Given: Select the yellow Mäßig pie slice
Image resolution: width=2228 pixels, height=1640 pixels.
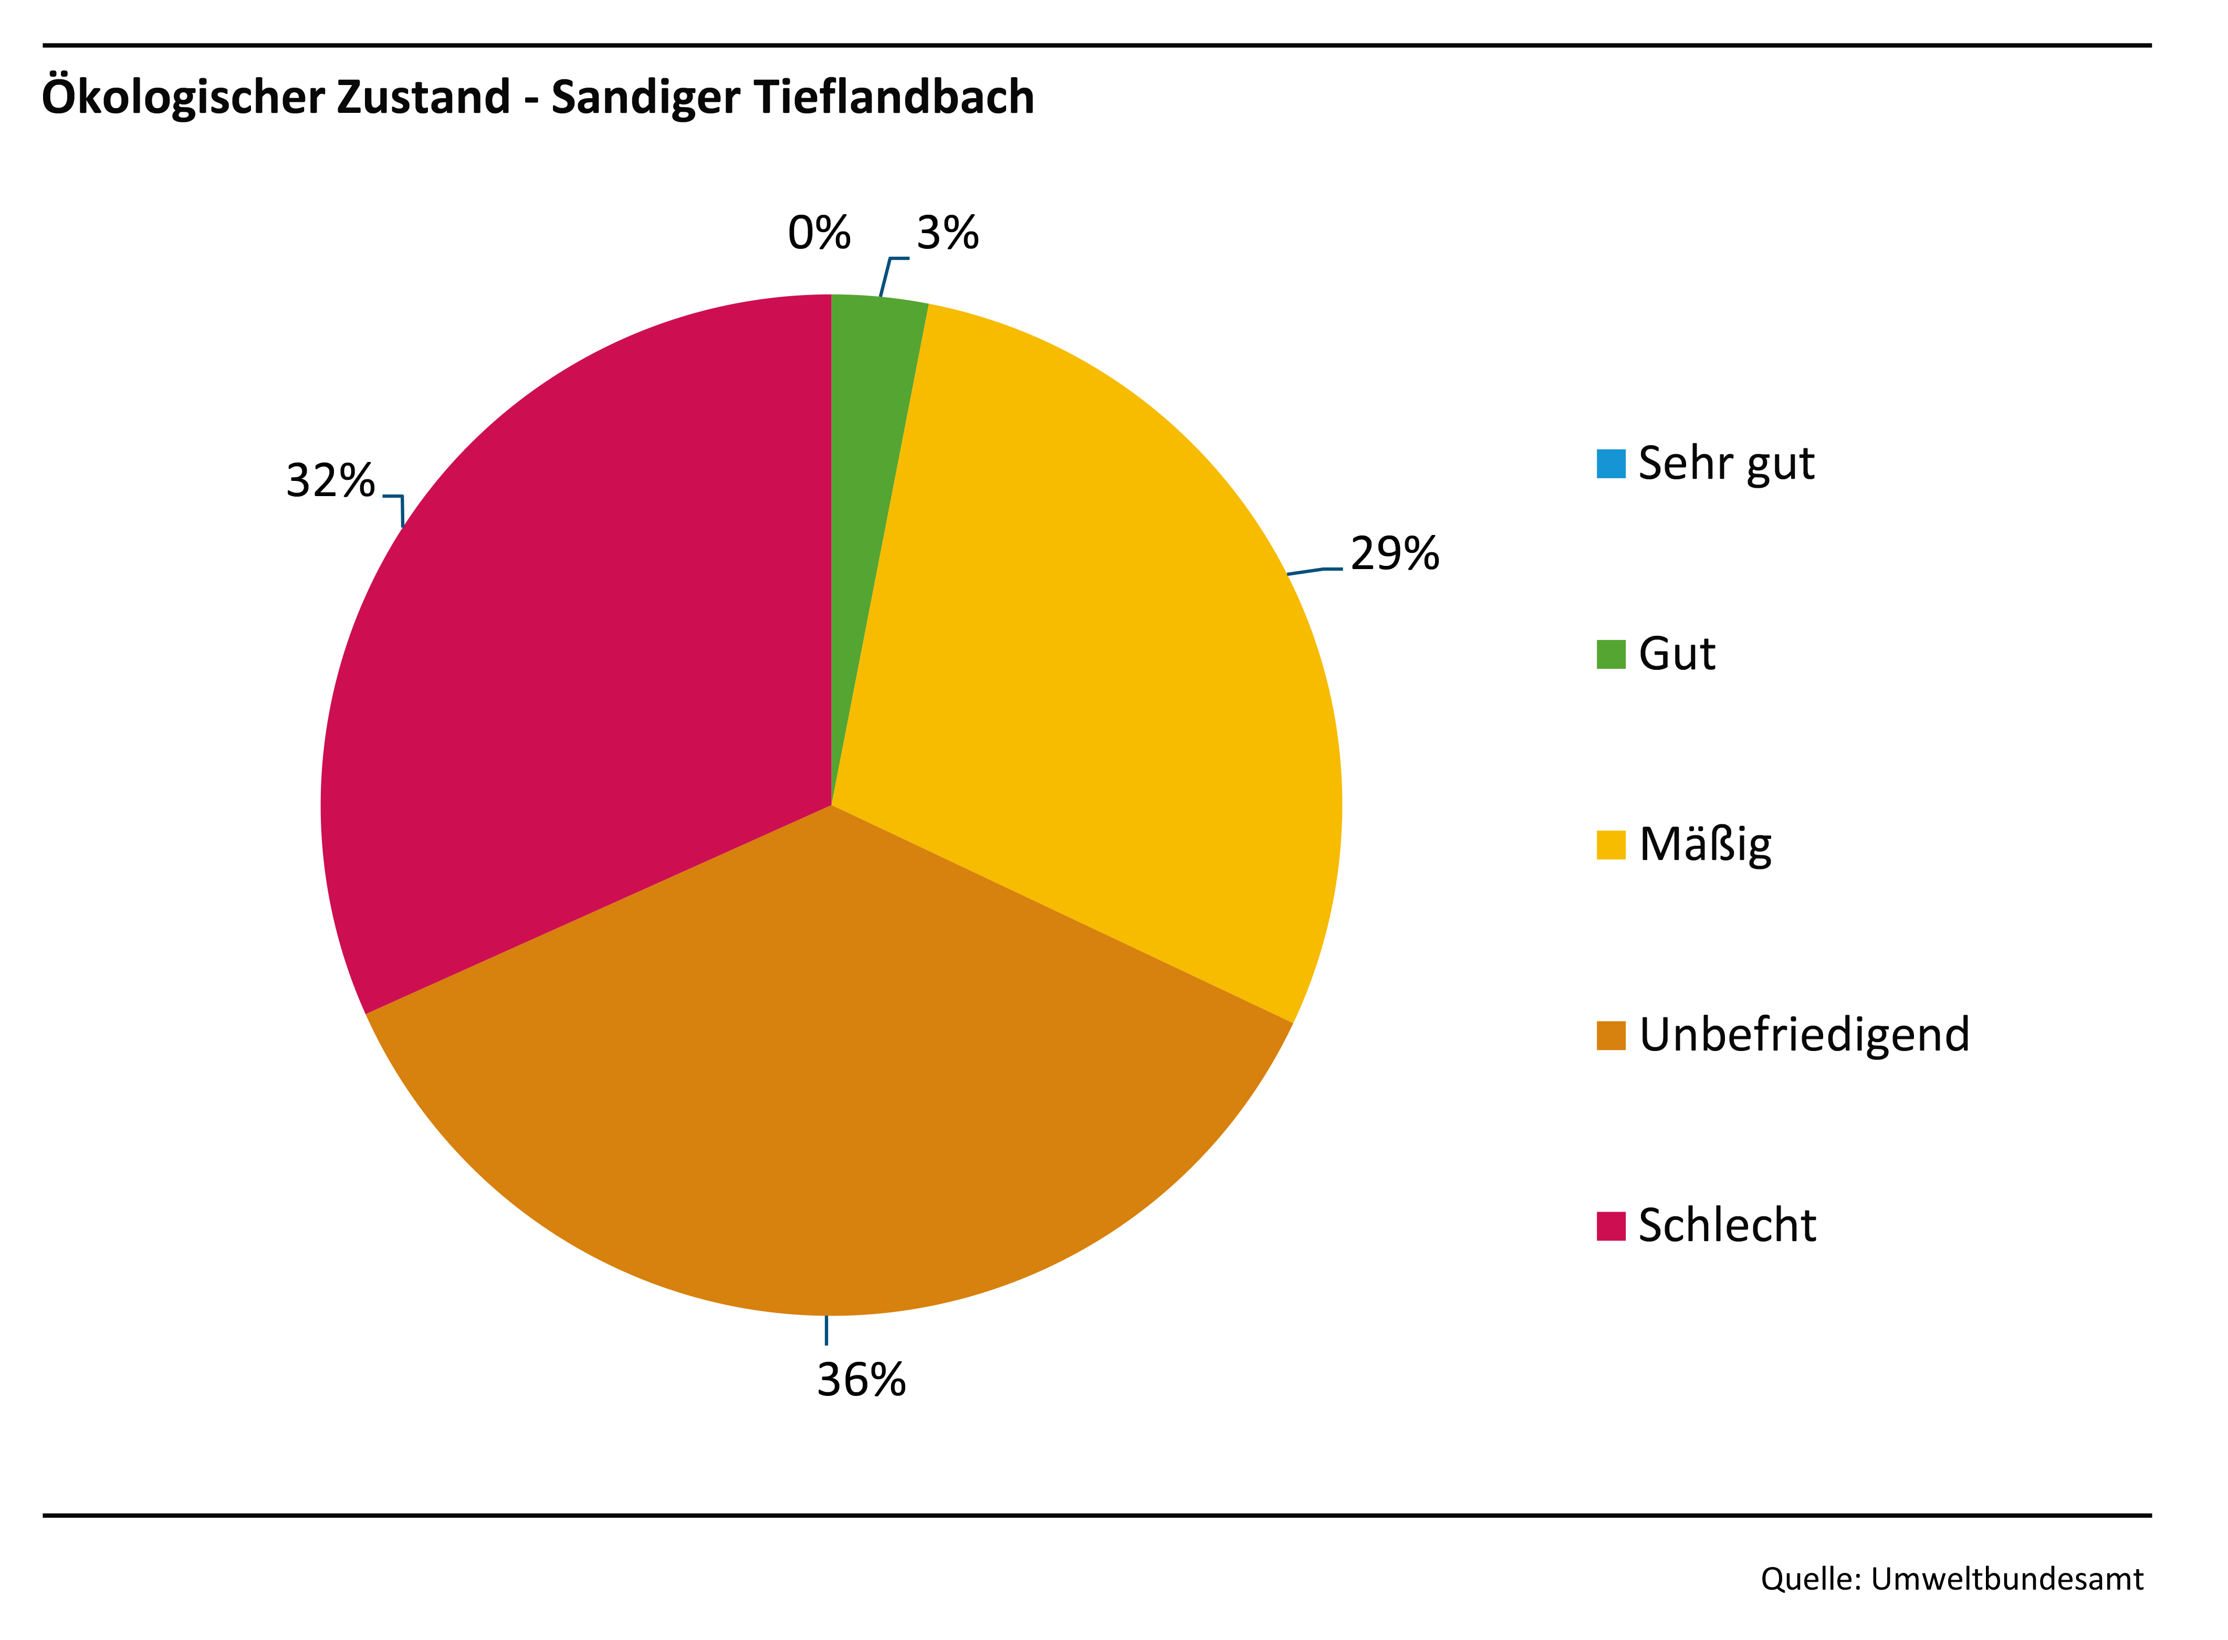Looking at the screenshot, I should coord(1092,645).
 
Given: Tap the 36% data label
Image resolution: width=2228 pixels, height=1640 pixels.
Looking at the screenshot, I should coord(861,1380).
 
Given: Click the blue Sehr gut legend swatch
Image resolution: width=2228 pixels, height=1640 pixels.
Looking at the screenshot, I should coord(1610,464).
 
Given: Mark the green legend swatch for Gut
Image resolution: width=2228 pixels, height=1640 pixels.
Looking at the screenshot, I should coord(1610,654).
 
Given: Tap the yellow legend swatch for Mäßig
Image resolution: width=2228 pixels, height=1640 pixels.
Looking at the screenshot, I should coord(1610,845).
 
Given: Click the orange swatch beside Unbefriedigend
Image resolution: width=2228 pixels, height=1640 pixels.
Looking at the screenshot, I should coord(1610,1035).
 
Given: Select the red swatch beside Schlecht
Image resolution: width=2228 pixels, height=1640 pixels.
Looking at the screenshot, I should coord(1610,1226).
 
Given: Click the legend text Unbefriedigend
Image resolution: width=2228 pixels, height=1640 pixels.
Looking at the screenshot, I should coord(1803,1035).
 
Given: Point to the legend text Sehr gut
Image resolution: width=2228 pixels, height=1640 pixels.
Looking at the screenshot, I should coord(1725,464).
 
